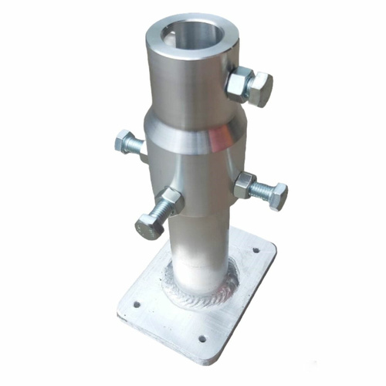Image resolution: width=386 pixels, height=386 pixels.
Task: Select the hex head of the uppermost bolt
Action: coord(260,90)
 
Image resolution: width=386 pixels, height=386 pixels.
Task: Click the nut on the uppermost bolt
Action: coord(239,83)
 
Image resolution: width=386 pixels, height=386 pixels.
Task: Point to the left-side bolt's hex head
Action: coord(124,141)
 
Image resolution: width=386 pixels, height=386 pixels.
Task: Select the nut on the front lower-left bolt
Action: coord(171,201)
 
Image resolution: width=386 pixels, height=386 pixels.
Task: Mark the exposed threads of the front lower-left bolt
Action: coord(160,212)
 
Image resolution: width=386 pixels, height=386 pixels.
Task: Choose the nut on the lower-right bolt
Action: coord(245,185)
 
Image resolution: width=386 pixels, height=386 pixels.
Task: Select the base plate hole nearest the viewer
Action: coord(202,337)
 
